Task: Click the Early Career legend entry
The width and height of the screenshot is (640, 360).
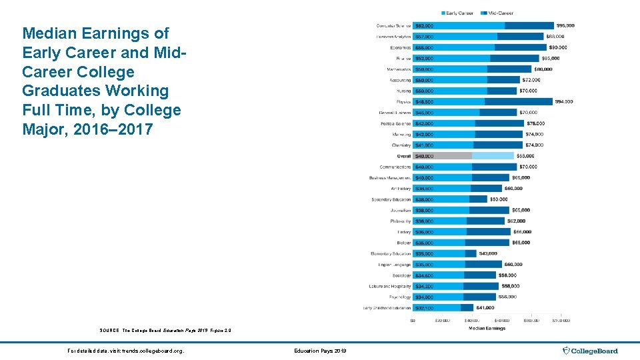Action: point(460,13)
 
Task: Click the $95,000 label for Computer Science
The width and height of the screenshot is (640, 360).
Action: point(566,25)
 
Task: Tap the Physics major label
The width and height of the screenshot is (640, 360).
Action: point(403,102)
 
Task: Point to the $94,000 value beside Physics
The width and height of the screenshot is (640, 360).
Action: point(563,102)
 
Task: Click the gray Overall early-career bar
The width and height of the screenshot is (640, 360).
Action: point(442,156)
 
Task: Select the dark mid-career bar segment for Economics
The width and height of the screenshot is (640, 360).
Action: point(520,47)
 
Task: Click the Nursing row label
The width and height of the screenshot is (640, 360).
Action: point(403,91)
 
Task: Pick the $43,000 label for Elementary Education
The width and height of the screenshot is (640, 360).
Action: point(488,253)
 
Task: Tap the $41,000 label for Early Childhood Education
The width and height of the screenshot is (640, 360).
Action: point(485,307)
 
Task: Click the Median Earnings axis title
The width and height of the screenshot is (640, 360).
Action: point(487,328)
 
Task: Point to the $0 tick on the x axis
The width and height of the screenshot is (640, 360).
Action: point(413,321)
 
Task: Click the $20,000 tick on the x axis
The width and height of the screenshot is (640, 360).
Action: point(442,321)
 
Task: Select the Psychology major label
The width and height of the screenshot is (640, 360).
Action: point(400,297)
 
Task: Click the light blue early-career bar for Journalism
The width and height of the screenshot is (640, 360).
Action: point(440,210)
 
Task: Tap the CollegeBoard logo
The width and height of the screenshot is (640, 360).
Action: point(590,351)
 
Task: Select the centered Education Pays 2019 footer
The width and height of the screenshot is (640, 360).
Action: point(319,351)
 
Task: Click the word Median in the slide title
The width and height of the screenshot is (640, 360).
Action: point(49,33)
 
